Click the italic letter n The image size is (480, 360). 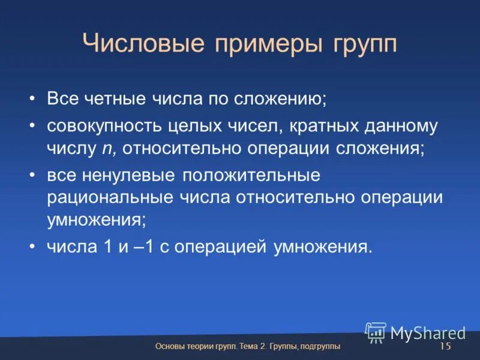(x=103, y=149)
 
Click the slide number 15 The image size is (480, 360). (x=445, y=347)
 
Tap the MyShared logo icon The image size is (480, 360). (x=376, y=332)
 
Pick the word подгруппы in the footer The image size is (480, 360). (x=319, y=347)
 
